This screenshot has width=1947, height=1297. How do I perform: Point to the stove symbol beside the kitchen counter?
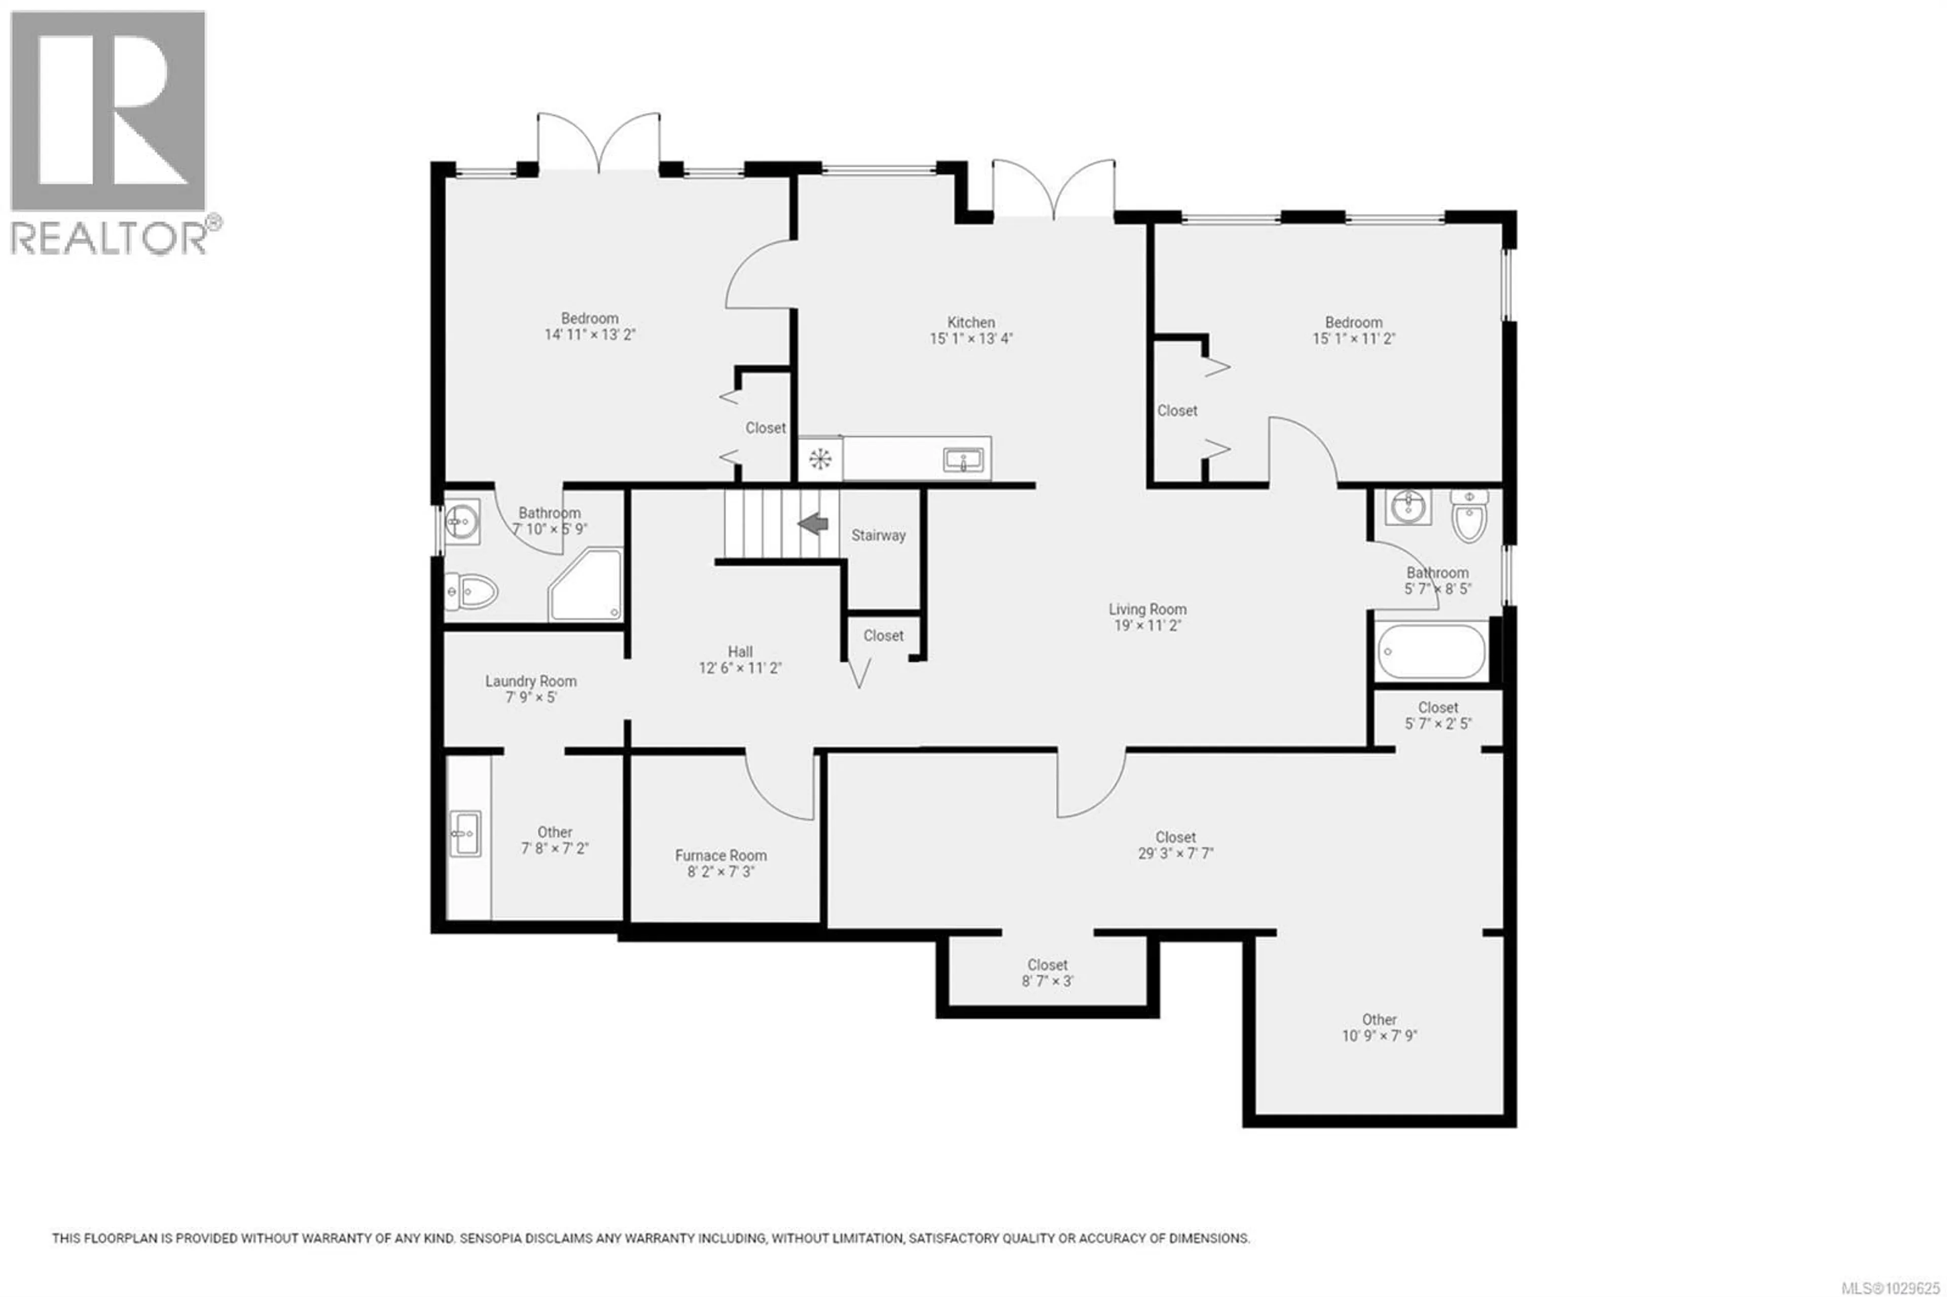click(820, 459)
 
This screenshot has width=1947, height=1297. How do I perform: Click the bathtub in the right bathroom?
click(1432, 652)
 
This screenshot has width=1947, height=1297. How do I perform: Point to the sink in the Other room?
click(465, 834)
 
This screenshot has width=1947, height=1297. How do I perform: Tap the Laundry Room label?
click(530, 681)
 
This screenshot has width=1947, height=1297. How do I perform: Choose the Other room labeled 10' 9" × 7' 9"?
click(1379, 1027)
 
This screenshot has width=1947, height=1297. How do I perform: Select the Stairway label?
click(878, 535)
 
